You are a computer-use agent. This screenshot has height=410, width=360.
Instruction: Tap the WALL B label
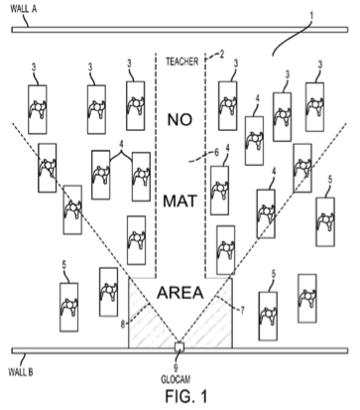tap(20, 371)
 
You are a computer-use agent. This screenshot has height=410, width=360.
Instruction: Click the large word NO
tap(180, 120)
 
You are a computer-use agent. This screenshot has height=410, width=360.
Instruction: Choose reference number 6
tap(216, 152)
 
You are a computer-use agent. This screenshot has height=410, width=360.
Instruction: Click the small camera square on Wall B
tap(180, 346)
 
